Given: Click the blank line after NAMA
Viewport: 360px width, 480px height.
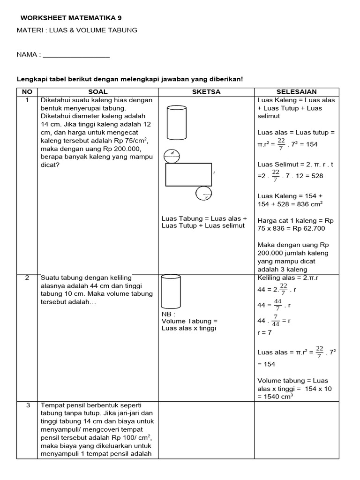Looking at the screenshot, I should (76, 55).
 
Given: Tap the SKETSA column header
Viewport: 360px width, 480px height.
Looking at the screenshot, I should (206, 92).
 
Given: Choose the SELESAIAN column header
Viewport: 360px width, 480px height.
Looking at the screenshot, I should (296, 92).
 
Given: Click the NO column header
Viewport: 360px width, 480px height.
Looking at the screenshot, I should (27, 92).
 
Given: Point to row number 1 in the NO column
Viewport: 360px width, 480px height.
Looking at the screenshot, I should (27, 100).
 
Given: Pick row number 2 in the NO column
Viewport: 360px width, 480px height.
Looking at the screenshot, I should (27, 277).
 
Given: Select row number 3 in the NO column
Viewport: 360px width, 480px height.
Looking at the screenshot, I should (27, 405).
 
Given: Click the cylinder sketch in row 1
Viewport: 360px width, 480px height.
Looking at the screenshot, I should (177, 123).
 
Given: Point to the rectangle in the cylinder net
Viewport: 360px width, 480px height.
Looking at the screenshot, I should (188, 175).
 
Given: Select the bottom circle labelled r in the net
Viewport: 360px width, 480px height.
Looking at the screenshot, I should (204, 194).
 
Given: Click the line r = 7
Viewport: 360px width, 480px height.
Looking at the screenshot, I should (264, 332).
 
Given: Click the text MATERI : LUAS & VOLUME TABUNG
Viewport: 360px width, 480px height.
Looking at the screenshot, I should (77, 30).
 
